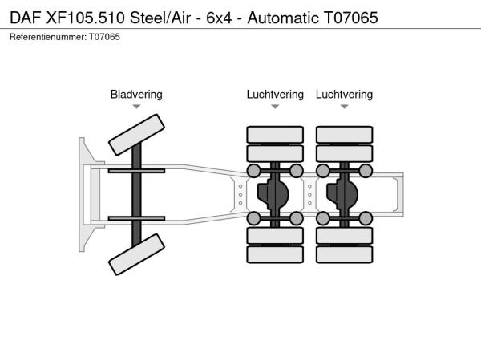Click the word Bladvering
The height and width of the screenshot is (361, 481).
(136, 95)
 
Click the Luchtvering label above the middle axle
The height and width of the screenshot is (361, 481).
(275, 95)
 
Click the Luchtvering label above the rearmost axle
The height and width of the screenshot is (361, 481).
(344, 95)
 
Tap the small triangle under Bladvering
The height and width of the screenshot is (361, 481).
(136, 107)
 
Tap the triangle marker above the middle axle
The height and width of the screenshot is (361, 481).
(275, 107)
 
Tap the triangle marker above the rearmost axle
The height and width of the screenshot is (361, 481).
(344, 107)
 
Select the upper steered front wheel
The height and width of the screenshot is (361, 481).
(136, 134)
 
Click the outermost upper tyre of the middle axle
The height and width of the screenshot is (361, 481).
(275, 134)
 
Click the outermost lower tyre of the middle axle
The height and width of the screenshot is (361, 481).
(275, 255)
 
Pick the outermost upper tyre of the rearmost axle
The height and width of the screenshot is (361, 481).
(344, 134)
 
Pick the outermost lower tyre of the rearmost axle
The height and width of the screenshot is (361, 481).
(344, 255)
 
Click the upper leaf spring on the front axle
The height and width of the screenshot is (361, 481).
(136, 171)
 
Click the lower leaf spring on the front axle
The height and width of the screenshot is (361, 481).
(136, 218)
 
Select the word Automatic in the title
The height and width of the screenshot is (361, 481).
(267, 17)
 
